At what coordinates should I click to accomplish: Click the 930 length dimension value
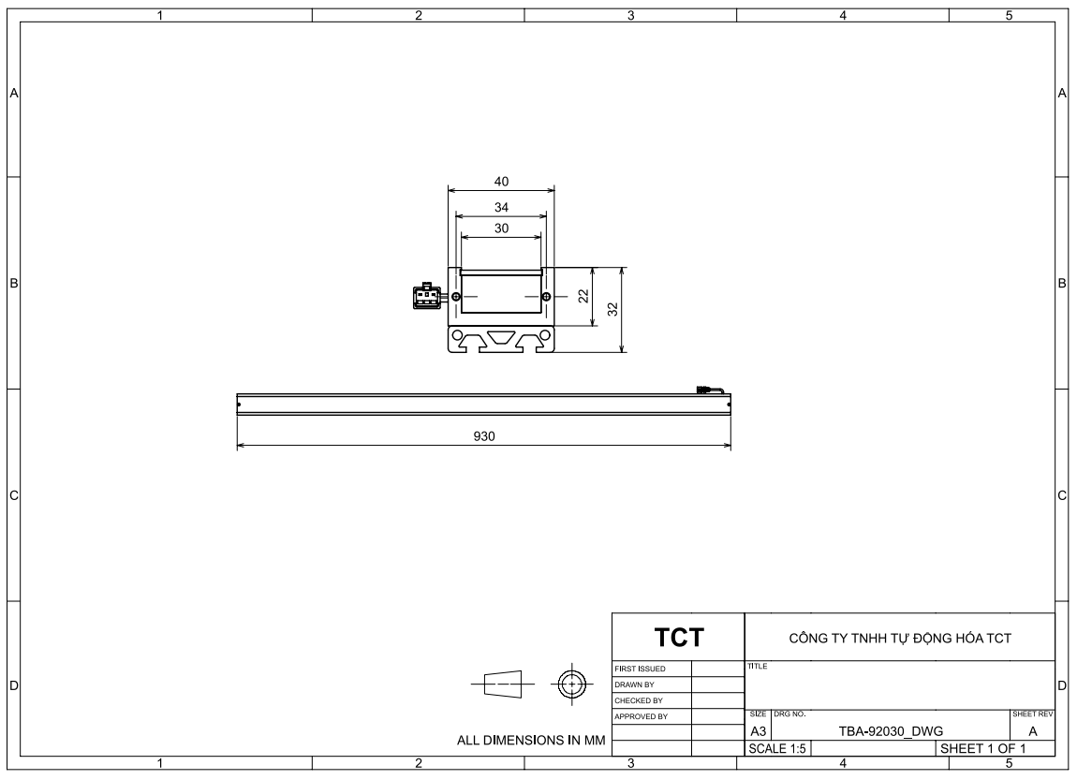pos(483,436)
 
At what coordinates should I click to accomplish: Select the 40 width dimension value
pos(501,182)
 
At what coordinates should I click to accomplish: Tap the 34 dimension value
pos(501,207)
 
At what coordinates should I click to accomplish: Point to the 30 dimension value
pos(501,228)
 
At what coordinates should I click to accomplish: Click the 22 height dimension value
pos(583,296)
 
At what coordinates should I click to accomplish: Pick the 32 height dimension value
pos(613,310)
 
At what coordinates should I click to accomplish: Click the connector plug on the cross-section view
pos(427,296)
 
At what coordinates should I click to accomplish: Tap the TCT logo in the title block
pos(679,638)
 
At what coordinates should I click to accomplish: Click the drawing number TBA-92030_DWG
pos(891,732)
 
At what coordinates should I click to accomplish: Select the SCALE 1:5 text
pos(776,749)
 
